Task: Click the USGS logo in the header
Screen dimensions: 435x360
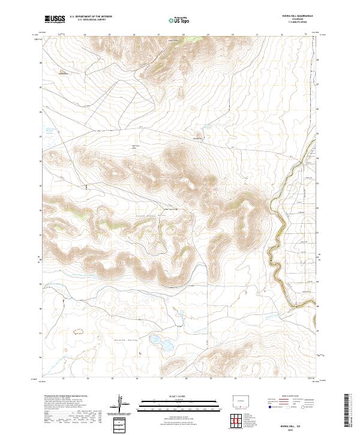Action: click(x=55, y=19)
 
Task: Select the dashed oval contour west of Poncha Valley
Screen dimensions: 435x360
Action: click(x=77, y=331)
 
